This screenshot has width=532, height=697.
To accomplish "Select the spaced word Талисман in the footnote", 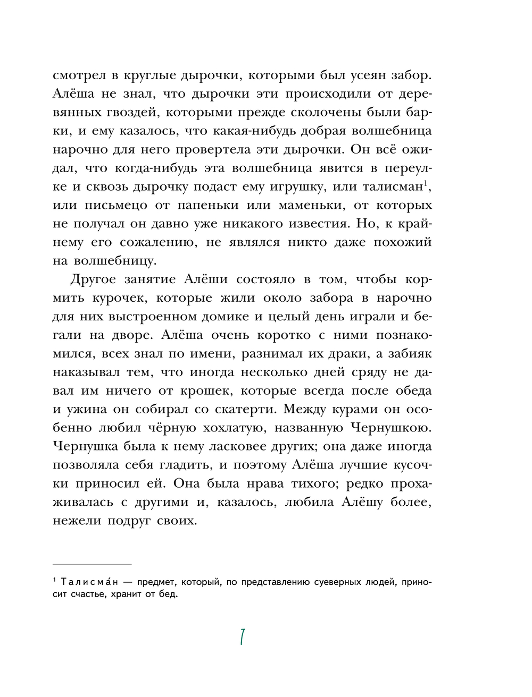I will pos(89,582).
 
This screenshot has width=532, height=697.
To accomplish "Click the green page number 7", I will pos(242,637).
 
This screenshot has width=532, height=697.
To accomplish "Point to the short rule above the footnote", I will pos(92,564).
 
